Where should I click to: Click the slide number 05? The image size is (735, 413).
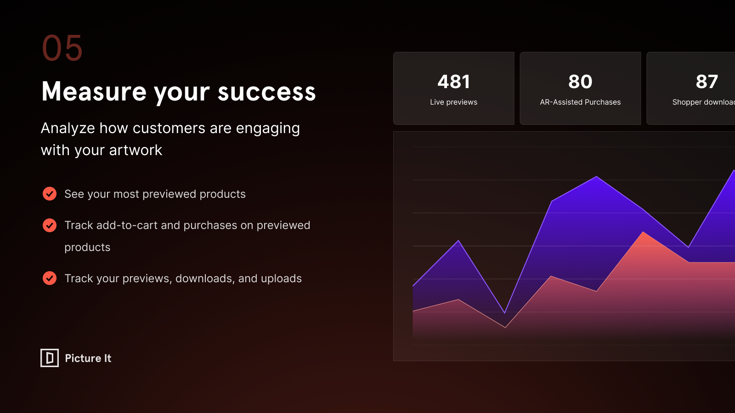click(62, 48)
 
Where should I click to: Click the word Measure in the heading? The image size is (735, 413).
click(94, 91)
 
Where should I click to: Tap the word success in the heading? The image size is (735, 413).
click(267, 92)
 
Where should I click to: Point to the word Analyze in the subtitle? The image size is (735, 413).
click(68, 128)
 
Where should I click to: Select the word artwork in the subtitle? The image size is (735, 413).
click(136, 150)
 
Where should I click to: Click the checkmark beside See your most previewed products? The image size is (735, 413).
click(50, 194)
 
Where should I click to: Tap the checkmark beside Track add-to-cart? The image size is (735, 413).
click(50, 225)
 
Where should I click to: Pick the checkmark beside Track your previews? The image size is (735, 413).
click(50, 278)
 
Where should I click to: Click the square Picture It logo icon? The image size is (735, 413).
click(50, 357)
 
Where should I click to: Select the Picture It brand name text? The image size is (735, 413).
click(88, 358)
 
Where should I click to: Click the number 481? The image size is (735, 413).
click(454, 82)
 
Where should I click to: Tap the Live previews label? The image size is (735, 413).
click(454, 102)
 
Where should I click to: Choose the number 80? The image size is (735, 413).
click(580, 82)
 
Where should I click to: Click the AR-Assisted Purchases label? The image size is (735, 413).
click(580, 102)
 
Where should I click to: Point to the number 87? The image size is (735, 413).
click(707, 82)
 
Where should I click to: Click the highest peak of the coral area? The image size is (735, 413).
click(643, 232)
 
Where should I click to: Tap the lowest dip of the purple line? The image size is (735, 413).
click(505, 313)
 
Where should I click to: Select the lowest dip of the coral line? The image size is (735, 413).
click(505, 328)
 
